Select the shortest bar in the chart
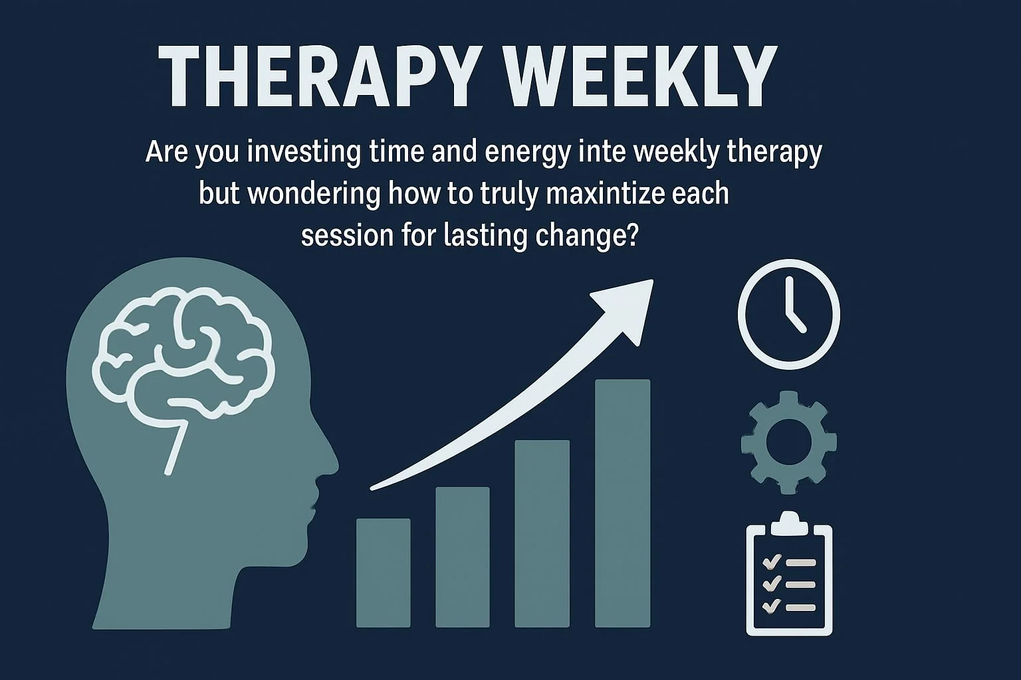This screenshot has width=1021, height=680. (x=383, y=572)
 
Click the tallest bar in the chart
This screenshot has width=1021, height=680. (x=622, y=503)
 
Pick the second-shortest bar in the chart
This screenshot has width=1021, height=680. (x=463, y=556)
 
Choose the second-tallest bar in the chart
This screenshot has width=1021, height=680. (x=542, y=533)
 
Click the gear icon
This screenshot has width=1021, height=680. (x=789, y=442)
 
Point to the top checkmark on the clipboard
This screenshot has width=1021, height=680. (x=771, y=562)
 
